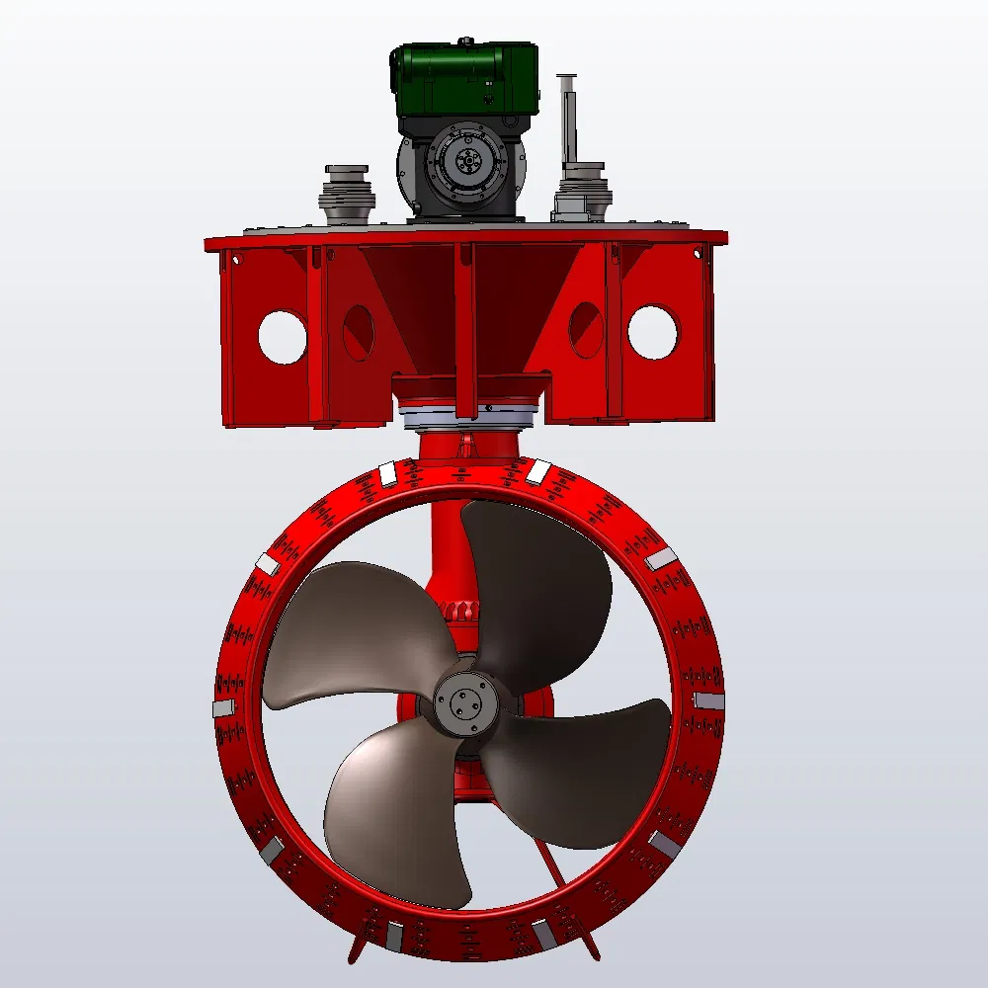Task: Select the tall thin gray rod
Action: tap(566, 119)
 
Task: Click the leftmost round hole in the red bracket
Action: tap(283, 337)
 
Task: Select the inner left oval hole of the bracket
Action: tap(358, 332)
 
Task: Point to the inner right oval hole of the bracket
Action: tap(585, 329)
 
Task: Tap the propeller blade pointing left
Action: tap(346, 632)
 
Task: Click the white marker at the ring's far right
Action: tap(708, 700)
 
